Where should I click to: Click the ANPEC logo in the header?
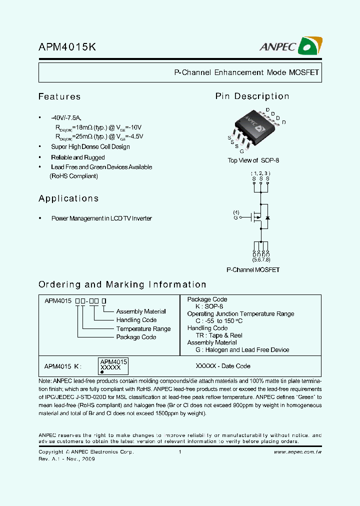290,46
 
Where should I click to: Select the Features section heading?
59,96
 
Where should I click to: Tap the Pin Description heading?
252,96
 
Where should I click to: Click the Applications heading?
68,198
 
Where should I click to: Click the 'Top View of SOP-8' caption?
253,160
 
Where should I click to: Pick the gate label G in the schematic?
235,217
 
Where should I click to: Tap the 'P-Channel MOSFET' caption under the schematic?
253,270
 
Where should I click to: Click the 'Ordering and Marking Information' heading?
122,284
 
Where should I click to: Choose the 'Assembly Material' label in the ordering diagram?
141,311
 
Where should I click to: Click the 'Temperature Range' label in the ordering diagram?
143,328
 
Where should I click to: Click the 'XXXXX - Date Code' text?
223,366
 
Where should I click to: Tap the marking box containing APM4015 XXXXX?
114,366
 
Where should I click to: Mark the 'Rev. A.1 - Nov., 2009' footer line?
66,459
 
